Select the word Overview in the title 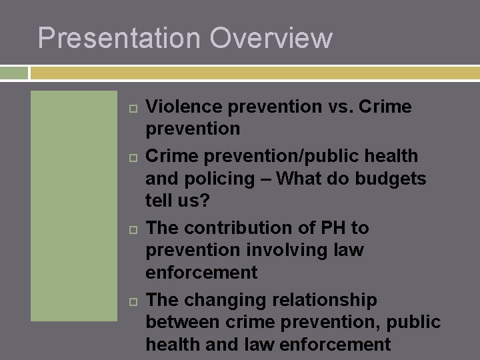tap(271, 38)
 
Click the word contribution tap(247, 228)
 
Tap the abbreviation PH tap(332, 228)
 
